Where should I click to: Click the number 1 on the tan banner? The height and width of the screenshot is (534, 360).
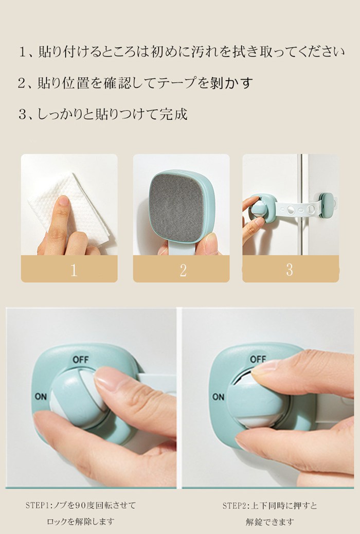(x=74, y=270)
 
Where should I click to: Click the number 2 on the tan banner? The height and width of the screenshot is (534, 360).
(x=183, y=270)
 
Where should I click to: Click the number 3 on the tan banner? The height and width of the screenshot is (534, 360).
(x=290, y=270)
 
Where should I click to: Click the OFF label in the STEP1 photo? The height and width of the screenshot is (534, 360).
(x=80, y=360)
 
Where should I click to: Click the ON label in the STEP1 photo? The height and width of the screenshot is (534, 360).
(x=41, y=397)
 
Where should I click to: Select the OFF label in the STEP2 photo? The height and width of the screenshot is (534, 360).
(x=258, y=359)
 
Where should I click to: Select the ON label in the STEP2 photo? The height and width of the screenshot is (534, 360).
(x=219, y=397)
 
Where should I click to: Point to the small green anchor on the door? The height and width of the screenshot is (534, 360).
(x=327, y=201)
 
